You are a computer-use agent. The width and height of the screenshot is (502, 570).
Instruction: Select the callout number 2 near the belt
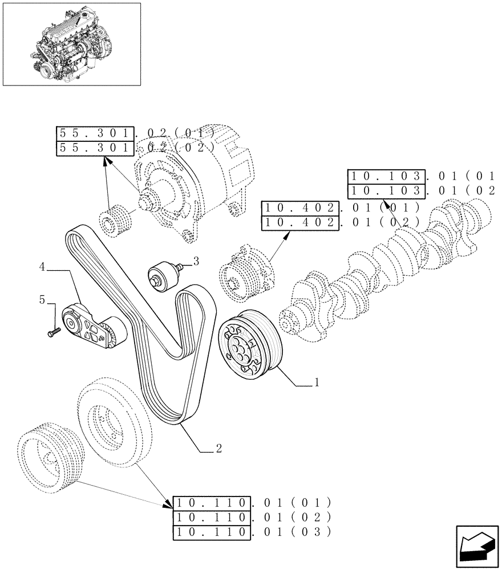coord(218,449)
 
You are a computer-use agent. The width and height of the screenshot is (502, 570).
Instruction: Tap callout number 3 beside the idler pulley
coord(196,262)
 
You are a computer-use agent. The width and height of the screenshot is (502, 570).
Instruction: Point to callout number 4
coord(42,266)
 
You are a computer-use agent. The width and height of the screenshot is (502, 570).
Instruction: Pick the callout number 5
coord(42,299)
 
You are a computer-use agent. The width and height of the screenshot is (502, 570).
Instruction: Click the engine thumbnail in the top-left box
coord(71,44)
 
